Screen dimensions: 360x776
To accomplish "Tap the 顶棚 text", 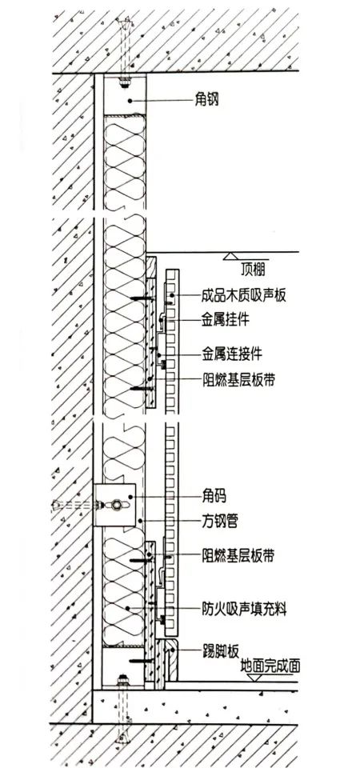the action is point(253,270).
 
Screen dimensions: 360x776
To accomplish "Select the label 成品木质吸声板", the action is point(244,296).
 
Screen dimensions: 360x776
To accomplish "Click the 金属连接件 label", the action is point(232,354).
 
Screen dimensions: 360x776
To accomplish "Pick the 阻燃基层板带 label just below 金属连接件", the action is point(238,379).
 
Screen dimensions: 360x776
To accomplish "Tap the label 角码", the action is point(214,495).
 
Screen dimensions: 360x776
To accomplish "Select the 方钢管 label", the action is point(219,521).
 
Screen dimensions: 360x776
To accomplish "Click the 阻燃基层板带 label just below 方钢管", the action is point(238,556).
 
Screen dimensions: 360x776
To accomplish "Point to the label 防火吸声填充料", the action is point(244,608).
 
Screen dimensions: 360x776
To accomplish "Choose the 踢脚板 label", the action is point(220,648).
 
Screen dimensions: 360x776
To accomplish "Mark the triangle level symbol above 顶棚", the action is point(230,256).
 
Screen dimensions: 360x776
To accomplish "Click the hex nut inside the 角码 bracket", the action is point(117,505).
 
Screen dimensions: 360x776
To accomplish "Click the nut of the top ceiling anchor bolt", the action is point(123,82).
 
